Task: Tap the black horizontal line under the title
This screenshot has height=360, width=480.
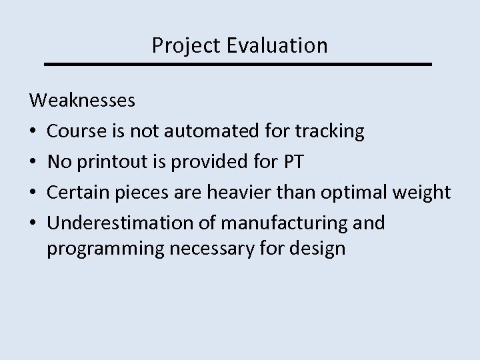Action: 239,64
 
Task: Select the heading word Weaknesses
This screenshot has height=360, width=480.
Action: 83,102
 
